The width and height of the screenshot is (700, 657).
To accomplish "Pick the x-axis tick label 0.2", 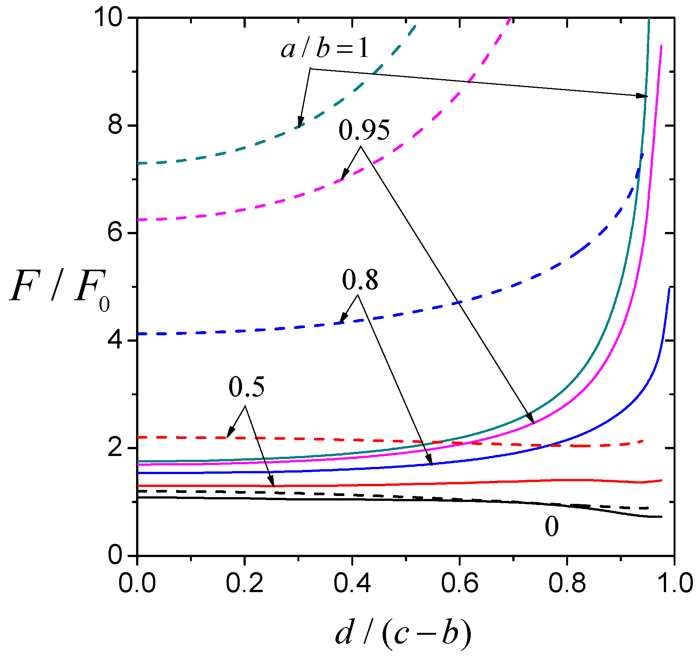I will pyautogui.click(x=244, y=583).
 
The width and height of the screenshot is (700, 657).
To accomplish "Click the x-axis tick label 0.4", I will pyautogui.click(x=352, y=583).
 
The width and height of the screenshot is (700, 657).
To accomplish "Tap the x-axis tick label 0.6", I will pyautogui.click(x=459, y=583).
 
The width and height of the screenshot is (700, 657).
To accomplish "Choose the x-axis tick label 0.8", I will pyautogui.click(x=567, y=583).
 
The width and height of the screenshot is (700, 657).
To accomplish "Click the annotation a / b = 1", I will pyautogui.click(x=325, y=49).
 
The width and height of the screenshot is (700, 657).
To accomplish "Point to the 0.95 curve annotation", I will pyautogui.click(x=364, y=130).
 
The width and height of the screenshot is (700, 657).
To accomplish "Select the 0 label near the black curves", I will pyautogui.click(x=551, y=527).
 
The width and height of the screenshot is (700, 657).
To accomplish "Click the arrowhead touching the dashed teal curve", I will pyautogui.click(x=300, y=124).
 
